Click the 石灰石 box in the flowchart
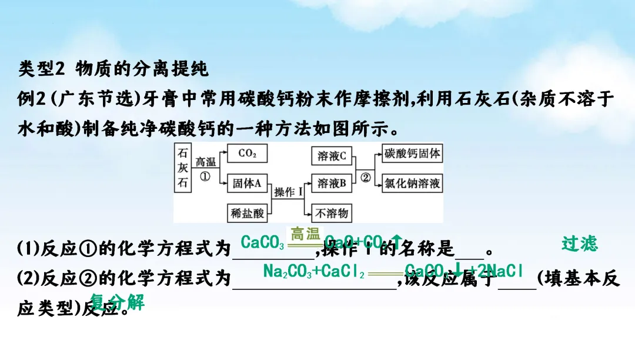183,168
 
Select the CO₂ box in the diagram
247,154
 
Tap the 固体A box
247,183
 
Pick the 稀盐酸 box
248,212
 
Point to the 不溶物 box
332,212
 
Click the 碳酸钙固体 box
412,154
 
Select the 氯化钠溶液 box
412,184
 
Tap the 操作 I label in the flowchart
288,192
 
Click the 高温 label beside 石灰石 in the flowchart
205,162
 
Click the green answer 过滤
579,243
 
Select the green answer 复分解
118,303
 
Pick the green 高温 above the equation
305,234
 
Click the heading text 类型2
44,69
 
